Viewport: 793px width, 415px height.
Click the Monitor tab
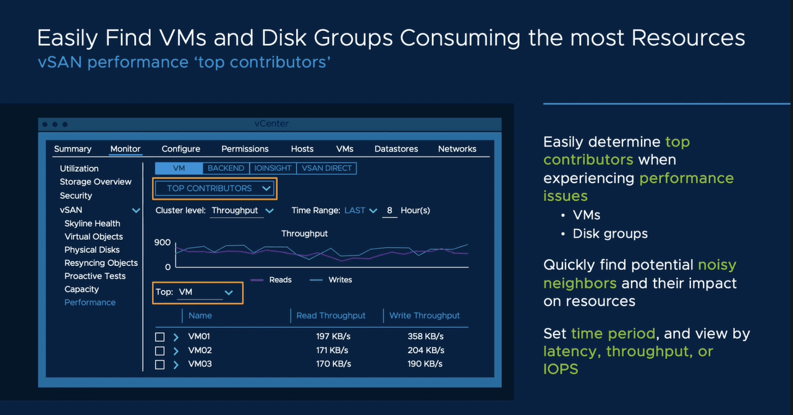tap(125, 149)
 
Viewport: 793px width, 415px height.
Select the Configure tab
tap(180, 149)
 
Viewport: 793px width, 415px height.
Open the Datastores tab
tap(396, 149)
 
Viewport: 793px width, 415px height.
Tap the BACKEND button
tap(226, 168)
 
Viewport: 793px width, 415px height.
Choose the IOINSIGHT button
tap(273, 168)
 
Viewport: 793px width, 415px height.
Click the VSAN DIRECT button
tap(326, 168)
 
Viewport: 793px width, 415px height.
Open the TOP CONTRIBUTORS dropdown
tap(214, 189)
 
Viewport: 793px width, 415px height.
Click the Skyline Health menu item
tap(92, 223)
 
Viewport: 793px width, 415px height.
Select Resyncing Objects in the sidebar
tap(101, 263)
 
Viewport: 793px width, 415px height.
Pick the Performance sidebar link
tap(90, 302)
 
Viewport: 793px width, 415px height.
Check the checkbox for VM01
tap(159, 337)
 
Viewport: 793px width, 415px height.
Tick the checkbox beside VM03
tap(159, 365)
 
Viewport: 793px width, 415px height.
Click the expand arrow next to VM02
tap(176, 351)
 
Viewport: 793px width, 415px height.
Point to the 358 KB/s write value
tap(425, 336)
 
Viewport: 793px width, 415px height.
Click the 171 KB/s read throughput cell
tap(333, 350)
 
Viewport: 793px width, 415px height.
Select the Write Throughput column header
tap(425, 315)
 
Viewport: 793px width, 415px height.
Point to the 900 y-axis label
tap(163, 242)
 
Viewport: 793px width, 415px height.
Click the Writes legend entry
tap(339, 280)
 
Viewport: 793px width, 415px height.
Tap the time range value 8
tap(389, 210)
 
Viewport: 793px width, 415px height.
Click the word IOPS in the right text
tap(561, 369)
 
